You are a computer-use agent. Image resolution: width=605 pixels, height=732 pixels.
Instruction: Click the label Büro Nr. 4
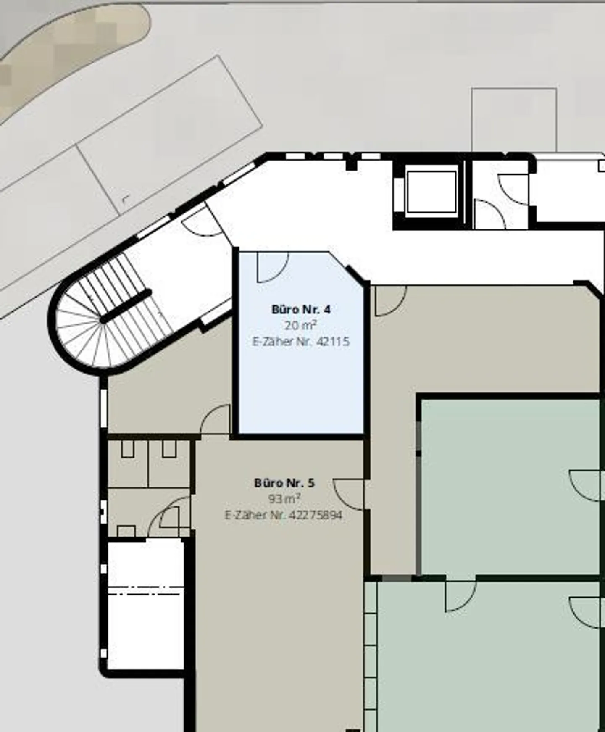(301, 310)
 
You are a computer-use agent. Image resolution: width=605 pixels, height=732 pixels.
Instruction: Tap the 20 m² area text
(300, 325)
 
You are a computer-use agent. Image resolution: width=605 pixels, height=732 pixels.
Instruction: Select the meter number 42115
(333, 341)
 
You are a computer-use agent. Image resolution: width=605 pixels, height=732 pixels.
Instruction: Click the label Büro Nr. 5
(284, 483)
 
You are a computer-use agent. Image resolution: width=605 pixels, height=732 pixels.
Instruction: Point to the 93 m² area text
(284, 499)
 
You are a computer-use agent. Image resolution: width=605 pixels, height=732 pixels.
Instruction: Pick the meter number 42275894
(316, 515)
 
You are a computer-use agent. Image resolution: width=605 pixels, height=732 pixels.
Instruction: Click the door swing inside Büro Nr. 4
(273, 267)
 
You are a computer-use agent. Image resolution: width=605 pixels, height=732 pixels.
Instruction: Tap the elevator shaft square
(431, 192)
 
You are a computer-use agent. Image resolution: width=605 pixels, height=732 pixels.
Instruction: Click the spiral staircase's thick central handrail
(126, 306)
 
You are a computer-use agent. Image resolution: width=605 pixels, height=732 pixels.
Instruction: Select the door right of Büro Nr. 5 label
(348, 494)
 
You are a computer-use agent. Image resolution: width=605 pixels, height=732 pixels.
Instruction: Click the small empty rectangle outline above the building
(514, 120)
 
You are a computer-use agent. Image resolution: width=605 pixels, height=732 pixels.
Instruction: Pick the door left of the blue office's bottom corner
(215, 419)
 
